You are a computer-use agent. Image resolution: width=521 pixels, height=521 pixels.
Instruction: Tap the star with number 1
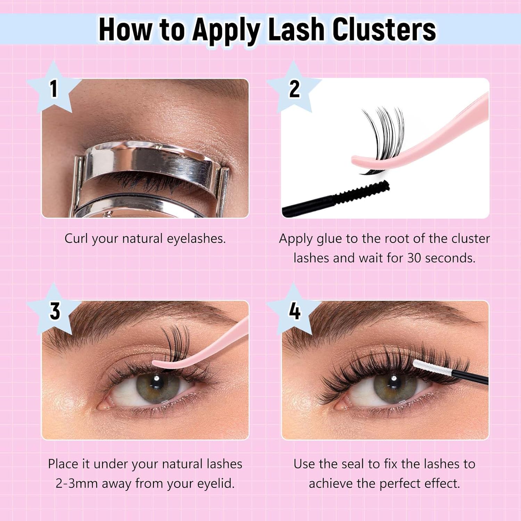[x=53, y=89]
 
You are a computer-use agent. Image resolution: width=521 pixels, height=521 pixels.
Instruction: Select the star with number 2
[x=294, y=89]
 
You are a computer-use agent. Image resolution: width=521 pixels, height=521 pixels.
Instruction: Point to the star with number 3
[x=55, y=310]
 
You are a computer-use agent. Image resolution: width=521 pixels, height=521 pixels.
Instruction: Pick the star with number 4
[x=295, y=310]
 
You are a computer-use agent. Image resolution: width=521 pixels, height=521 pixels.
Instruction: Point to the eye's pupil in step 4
[x=394, y=384]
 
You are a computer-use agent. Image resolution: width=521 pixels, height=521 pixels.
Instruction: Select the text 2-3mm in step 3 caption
[x=76, y=483]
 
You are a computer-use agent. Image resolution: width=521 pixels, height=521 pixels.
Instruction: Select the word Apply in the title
[x=227, y=30]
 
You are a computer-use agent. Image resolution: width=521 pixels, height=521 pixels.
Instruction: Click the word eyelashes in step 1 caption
[x=196, y=239]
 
